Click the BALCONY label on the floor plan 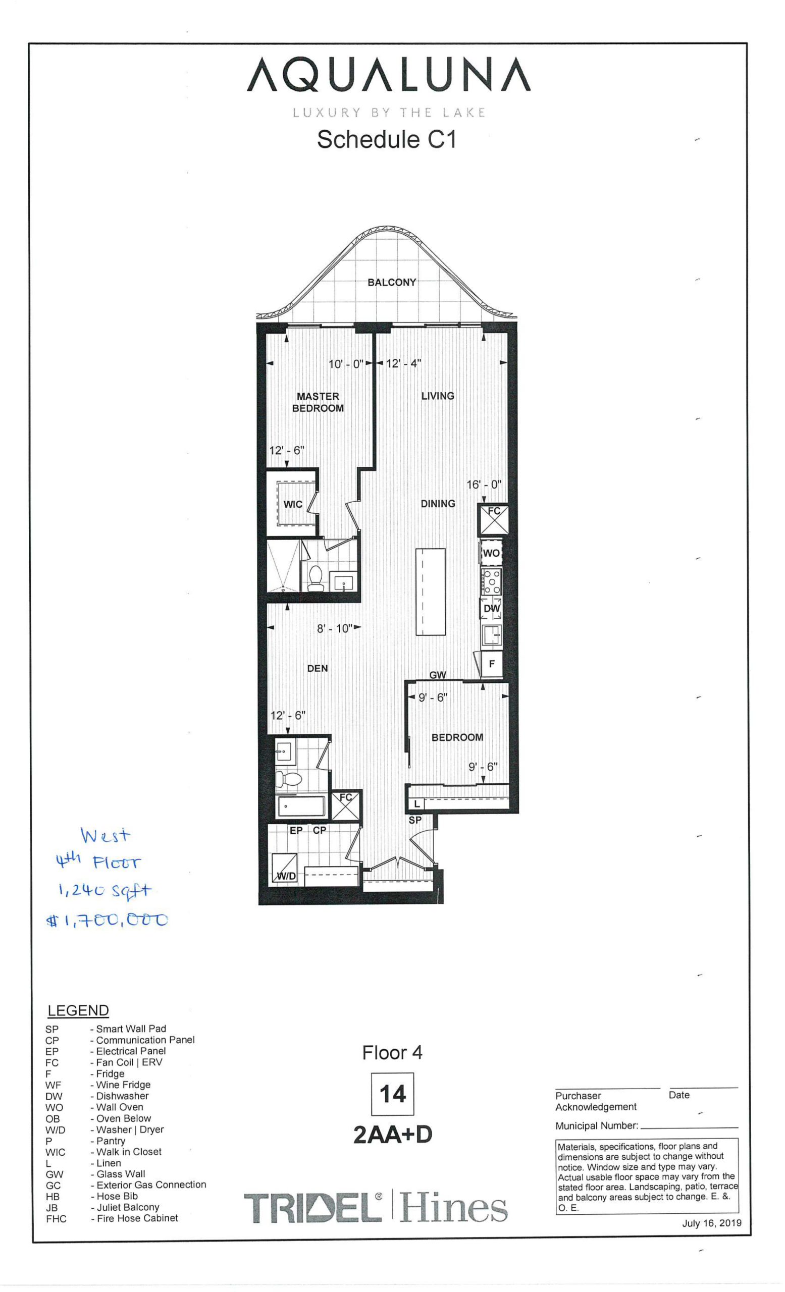391,282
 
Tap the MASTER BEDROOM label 318,402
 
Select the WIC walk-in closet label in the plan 293,504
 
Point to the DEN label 317,668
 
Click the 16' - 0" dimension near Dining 484,484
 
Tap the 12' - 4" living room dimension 403,363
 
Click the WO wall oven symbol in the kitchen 491,553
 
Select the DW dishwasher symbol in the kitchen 491,608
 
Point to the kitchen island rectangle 430,591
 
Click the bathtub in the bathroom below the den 301,806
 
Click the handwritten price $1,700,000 108,920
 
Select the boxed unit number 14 392,1094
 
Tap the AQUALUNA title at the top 389,75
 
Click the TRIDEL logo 313,1208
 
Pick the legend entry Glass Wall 121,1174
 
